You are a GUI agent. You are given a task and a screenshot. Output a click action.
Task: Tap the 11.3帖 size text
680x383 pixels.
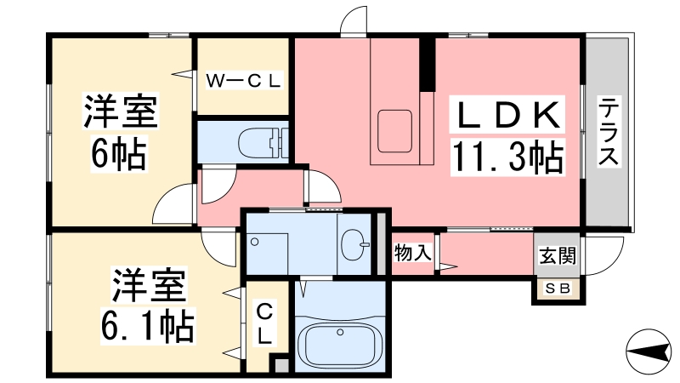tap(507, 157)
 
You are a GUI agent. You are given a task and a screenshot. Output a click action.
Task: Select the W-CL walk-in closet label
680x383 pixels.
tap(245, 82)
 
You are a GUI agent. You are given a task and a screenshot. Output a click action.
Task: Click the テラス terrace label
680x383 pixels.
tap(609, 133)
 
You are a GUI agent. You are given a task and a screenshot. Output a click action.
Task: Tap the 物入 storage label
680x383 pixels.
tap(414, 253)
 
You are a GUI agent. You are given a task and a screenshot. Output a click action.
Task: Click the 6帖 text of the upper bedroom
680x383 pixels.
tap(119, 153)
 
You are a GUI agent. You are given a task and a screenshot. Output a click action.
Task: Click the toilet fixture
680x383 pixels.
tap(259, 140)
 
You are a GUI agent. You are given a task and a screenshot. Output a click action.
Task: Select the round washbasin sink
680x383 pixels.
tap(354, 246)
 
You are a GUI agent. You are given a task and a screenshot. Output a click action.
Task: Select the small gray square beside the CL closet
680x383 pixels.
tap(279, 366)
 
